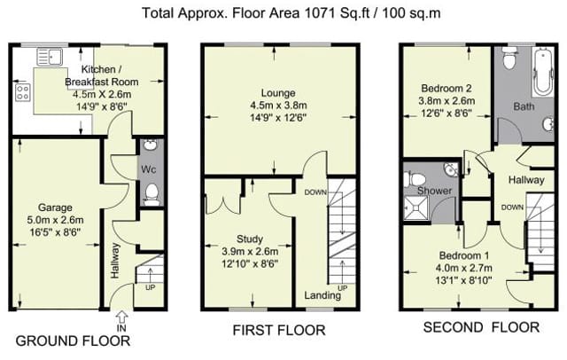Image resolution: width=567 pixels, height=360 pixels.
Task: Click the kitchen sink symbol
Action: tap(50, 57)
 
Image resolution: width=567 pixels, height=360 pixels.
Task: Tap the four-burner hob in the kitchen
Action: tap(22, 92)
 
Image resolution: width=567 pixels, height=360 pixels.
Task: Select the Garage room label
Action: tap(55, 207)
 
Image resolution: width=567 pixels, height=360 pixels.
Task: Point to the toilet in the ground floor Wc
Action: tap(151, 194)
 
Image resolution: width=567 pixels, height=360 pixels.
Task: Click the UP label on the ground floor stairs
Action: tap(150, 288)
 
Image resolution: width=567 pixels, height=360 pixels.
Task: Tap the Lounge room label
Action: tap(278, 93)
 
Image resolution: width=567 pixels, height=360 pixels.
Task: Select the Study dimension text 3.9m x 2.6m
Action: tap(250, 251)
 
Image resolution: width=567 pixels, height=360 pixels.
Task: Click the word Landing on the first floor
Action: tap(322, 295)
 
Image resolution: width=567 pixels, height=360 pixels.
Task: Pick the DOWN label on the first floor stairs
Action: tap(315, 192)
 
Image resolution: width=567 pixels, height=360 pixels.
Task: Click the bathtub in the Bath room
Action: tap(543, 72)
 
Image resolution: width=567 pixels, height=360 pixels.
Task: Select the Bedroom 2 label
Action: tap(447, 89)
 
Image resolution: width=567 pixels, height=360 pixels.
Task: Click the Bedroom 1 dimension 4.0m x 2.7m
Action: tap(464, 268)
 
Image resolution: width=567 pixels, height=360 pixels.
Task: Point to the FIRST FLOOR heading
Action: tap(279, 330)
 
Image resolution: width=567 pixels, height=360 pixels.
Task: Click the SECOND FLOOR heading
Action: tap(481, 327)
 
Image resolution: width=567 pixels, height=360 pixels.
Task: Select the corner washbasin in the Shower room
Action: tap(451, 169)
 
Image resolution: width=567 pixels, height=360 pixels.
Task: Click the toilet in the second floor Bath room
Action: tap(510, 58)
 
